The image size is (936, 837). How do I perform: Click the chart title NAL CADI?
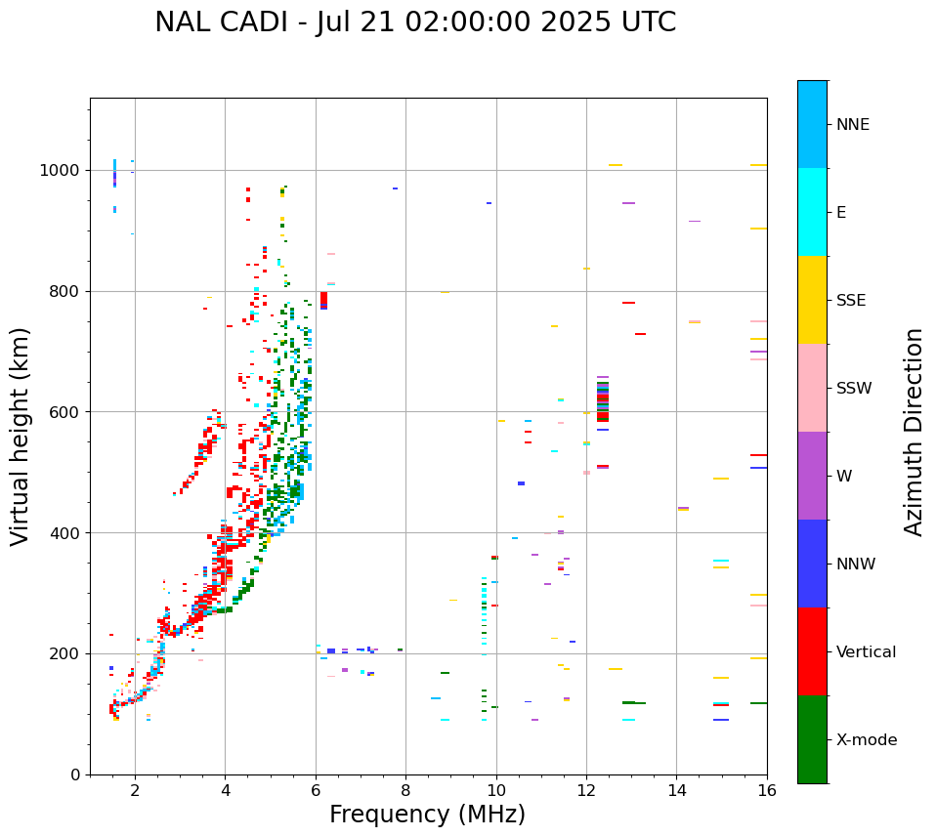[x=415, y=22]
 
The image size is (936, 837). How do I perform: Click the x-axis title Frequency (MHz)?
[x=427, y=815]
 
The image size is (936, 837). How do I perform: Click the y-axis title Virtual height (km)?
[x=21, y=436]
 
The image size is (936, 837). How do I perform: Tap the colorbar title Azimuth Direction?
[x=914, y=432]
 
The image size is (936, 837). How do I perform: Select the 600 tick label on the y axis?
[x=64, y=412]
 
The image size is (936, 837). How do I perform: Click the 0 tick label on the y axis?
[x=74, y=774]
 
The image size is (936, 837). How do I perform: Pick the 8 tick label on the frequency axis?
[x=405, y=790]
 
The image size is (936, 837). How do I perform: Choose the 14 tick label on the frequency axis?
[x=676, y=790]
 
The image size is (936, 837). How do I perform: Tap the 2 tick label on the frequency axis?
[x=135, y=790]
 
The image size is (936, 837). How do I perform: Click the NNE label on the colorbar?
[x=852, y=125]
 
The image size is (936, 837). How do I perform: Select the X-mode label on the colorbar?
[x=866, y=740]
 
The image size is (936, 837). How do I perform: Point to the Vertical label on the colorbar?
[x=866, y=652]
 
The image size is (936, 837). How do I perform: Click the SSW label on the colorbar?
[x=854, y=389]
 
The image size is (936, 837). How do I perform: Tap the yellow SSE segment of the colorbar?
[x=812, y=300]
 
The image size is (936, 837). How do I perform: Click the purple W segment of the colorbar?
[x=812, y=476]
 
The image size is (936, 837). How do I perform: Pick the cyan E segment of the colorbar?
[x=812, y=212]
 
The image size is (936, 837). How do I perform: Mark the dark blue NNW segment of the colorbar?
[x=812, y=564]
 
